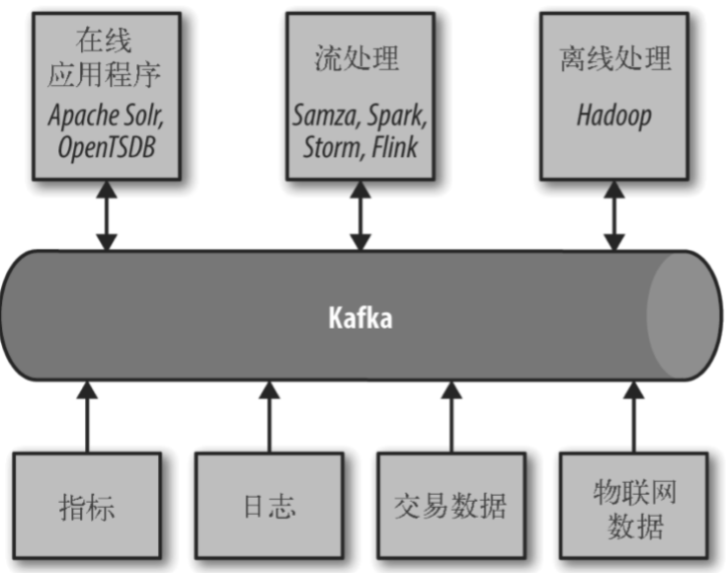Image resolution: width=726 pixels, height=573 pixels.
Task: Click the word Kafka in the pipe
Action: [360, 320]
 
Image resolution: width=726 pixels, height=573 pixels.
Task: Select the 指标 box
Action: [87, 507]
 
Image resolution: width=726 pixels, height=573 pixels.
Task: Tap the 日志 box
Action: [269, 507]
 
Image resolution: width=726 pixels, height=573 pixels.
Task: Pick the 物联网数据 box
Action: [633, 507]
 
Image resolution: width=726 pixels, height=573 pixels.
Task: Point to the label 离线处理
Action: [613, 60]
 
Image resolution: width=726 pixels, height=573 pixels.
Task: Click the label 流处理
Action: [360, 60]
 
